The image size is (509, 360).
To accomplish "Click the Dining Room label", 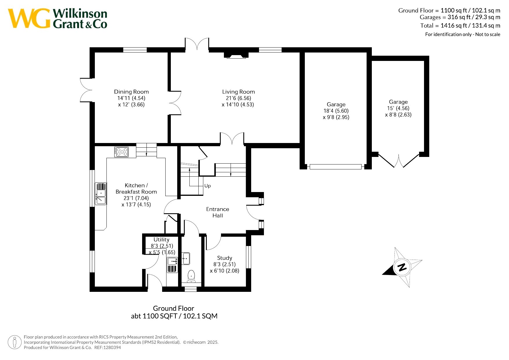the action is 131,92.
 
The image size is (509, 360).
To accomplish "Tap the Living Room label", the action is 238,92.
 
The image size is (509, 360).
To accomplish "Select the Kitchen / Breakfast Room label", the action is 136,189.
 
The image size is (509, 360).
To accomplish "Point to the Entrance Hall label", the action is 218,212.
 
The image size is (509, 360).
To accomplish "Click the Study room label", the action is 224,258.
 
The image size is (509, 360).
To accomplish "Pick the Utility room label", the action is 161,240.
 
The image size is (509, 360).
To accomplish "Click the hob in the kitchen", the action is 122,152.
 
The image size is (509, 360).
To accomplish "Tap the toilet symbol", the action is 191,276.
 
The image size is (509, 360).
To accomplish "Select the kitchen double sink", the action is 101,193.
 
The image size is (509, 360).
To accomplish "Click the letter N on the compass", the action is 402,267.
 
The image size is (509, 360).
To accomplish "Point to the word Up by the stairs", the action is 207,186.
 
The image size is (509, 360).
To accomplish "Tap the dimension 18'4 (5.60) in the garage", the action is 336,111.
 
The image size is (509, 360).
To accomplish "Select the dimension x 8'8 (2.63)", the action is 398,115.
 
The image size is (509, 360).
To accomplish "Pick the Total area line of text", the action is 460,26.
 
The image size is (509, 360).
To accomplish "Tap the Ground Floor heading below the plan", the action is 173,308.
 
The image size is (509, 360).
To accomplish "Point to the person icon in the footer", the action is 15,342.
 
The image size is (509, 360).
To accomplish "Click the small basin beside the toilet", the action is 186,258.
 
